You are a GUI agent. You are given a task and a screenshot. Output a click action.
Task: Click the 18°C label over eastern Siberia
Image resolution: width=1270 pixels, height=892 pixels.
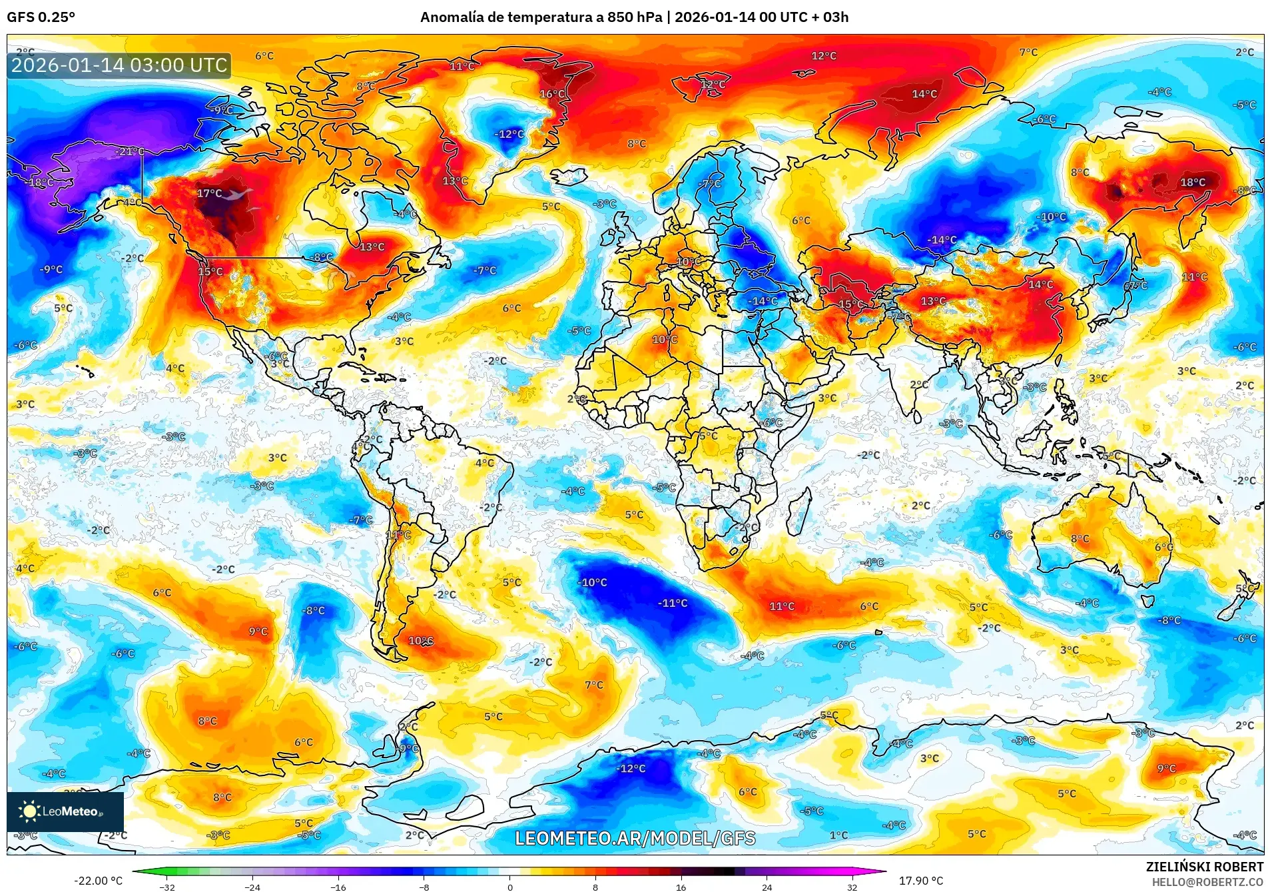pos(1192,183)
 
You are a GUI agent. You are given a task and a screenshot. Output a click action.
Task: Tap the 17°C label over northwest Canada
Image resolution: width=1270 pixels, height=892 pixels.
pos(209,194)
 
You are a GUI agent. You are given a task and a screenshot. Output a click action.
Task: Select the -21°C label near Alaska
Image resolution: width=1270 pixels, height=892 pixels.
pos(129,152)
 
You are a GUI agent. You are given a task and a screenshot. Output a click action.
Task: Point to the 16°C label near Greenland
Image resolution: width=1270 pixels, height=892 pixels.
pos(552,94)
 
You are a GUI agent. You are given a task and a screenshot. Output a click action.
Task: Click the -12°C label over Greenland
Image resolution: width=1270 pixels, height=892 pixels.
pos(509,135)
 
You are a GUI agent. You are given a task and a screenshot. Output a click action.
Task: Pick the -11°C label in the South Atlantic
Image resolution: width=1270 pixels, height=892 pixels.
pos(673,604)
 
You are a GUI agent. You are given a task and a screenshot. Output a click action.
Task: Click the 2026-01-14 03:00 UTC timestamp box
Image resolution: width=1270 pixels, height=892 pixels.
pos(119,65)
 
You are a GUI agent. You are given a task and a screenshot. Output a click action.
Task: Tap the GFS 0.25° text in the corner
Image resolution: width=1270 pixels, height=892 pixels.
pos(41,17)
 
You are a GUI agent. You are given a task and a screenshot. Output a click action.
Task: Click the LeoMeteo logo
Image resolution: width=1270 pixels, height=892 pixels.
pos(65,811)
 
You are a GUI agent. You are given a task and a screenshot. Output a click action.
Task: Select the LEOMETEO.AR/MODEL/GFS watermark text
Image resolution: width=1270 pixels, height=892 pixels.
pos(635,838)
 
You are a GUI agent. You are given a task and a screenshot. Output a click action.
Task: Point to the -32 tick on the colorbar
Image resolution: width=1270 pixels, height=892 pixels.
pos(167,887)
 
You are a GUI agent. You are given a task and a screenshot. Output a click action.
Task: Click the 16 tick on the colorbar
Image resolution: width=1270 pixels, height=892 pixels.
pos(681,887)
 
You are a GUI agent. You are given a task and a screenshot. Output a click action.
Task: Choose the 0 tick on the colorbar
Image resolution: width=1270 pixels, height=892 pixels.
pos(510,887)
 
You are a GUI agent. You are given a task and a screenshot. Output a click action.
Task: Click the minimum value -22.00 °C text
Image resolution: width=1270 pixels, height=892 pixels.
pos(98,881)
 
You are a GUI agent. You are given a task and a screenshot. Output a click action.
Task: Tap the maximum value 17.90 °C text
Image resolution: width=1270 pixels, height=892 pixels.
pos(920,881)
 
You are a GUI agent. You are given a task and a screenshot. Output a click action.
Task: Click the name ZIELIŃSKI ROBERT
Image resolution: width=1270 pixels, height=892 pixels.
pos(1204,867)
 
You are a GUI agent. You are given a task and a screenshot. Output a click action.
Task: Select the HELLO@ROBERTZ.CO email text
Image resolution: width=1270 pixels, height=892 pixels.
pos(1207,882)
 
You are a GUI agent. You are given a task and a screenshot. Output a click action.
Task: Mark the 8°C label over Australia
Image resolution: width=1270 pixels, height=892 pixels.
pos(1080,539)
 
